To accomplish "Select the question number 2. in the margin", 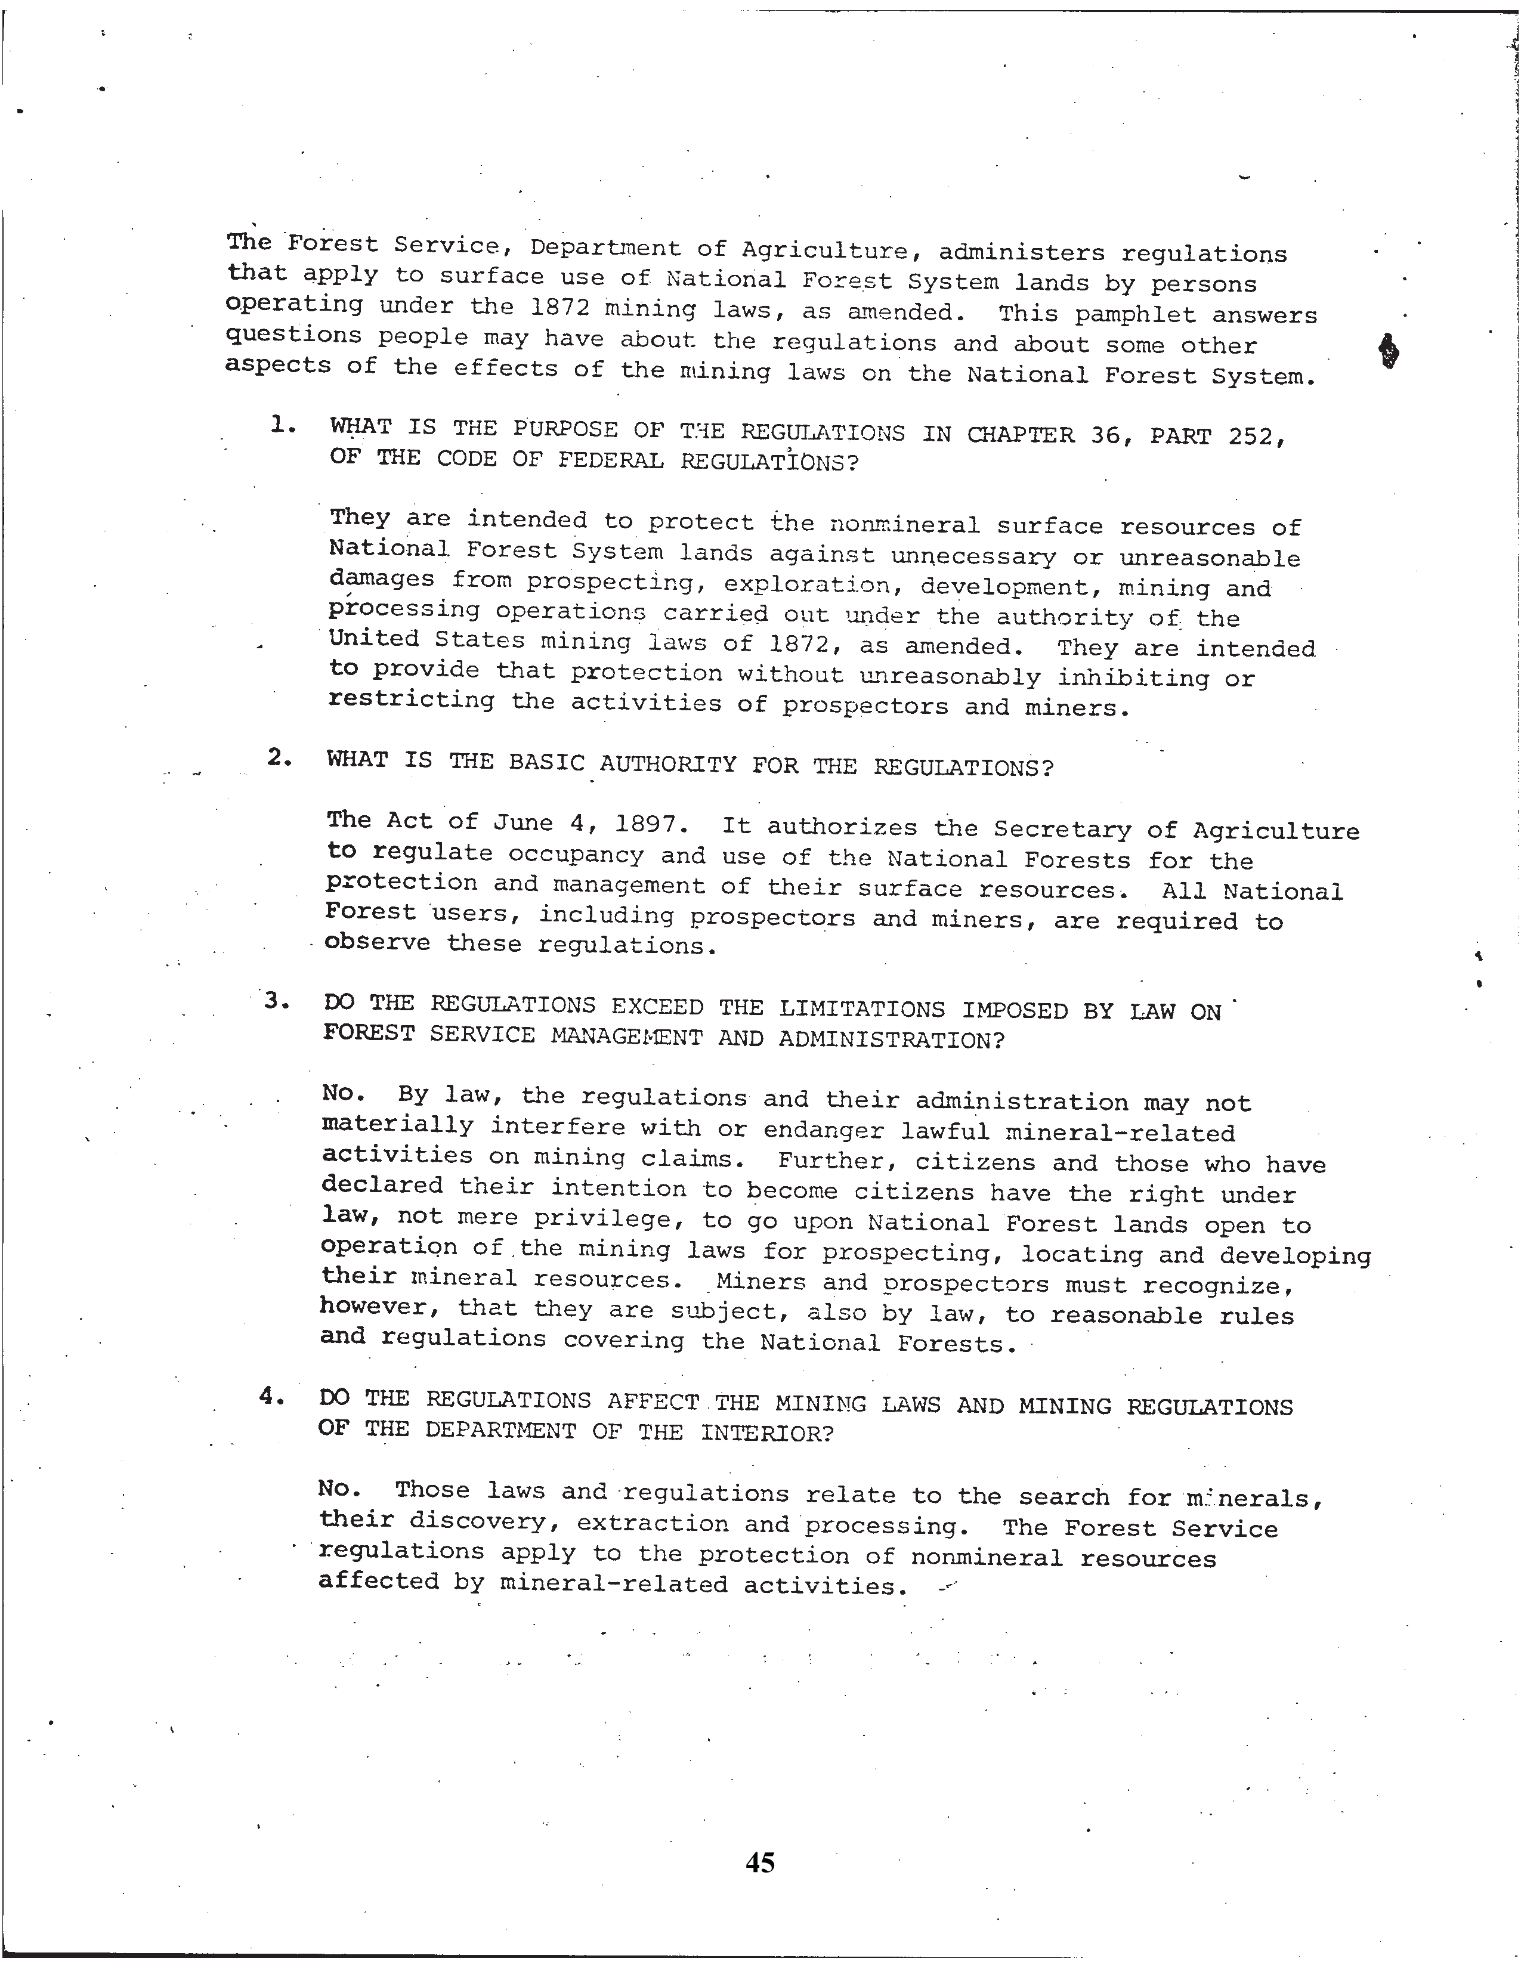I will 279,758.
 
